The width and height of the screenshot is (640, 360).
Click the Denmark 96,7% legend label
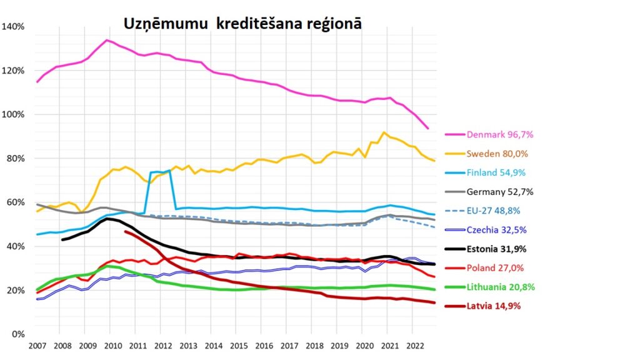[500, 134]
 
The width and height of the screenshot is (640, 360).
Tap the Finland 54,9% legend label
[498, 172]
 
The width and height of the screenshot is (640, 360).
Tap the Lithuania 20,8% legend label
[500, 287]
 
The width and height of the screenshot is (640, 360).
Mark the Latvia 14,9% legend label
[494, 306]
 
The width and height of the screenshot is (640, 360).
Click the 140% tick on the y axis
[13, 27]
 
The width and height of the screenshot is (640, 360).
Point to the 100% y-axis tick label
[13, 115]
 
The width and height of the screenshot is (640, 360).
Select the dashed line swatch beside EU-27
[455, 211]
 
